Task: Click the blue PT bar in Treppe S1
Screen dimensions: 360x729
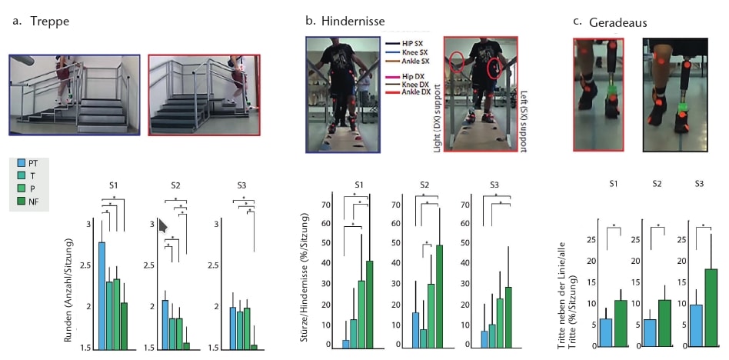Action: (102, 295)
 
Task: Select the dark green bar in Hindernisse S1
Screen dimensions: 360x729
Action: (369, 305)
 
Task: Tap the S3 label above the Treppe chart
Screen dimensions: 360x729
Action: (241, 185)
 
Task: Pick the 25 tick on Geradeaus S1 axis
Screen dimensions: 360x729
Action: (591, 239)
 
